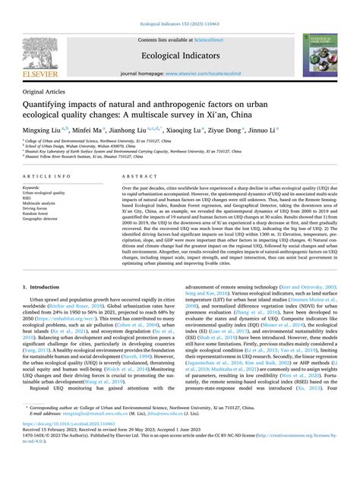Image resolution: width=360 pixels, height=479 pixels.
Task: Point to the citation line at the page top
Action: pos(179,6)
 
